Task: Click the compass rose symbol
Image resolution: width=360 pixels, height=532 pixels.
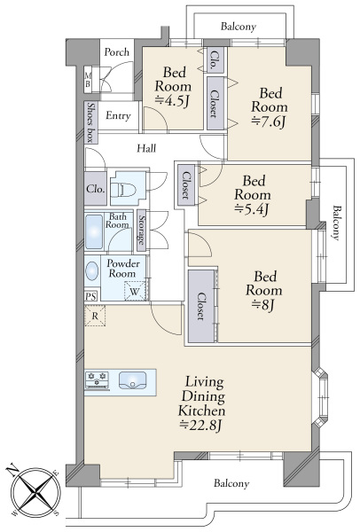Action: [35, 491]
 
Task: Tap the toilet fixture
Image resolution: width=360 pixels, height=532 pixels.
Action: [124, 189]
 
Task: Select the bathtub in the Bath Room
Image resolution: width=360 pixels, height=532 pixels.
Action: [94, 231]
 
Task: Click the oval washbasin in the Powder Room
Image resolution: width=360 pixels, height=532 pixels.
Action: [91, 271]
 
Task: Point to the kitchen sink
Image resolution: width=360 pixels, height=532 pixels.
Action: [133, 380]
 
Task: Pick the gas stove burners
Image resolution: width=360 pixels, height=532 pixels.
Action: [97, 379]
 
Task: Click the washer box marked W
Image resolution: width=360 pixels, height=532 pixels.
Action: [135, 291]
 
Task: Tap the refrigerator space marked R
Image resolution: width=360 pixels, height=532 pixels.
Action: [95, 316]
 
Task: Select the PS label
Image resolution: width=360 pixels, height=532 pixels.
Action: [90, 296]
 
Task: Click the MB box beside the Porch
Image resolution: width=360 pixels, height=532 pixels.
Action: [88, 79]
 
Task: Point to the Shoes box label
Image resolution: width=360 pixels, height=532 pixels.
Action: [91, 122]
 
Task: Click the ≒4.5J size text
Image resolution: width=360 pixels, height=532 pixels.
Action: [172, 101]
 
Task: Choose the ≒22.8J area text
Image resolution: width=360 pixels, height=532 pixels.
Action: [200, 425]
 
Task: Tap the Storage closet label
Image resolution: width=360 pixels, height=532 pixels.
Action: [141, 231]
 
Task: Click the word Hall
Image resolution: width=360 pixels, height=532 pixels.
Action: [146, 148]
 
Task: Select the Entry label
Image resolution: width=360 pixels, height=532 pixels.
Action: [118, 115]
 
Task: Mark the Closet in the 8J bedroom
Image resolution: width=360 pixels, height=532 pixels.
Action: [201, 306]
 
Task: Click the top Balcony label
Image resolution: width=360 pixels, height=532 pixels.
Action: [239, 27]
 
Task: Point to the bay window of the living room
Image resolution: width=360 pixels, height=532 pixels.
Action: [320, 397]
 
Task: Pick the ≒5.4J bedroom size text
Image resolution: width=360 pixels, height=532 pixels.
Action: [252, 210]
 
